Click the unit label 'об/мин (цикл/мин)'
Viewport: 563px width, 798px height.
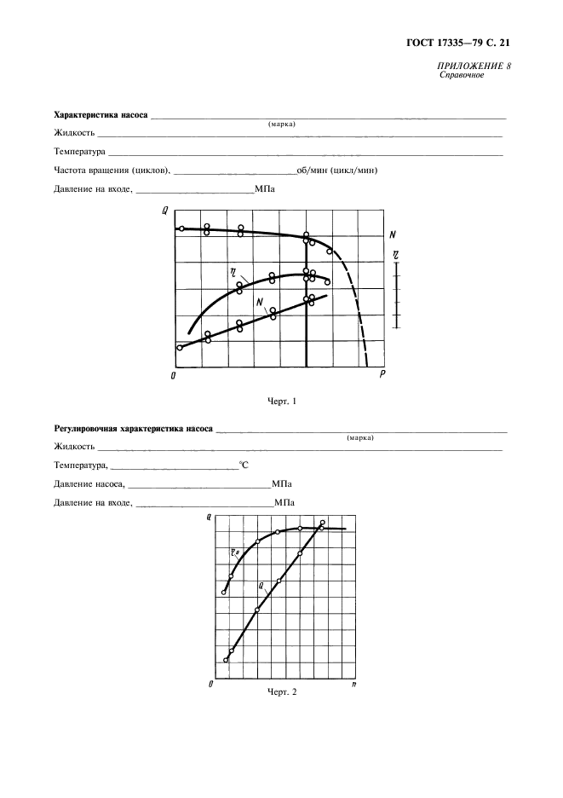[337, 170]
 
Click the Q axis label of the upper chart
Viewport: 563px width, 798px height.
[164, 211]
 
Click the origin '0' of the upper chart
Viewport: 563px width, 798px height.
[174, 375]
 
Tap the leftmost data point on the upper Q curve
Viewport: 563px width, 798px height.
[181, 228]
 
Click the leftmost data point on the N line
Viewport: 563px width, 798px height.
[180, 347]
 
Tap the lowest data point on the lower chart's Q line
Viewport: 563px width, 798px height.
[226, 660]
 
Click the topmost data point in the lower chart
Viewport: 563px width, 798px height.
[323, 523]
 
